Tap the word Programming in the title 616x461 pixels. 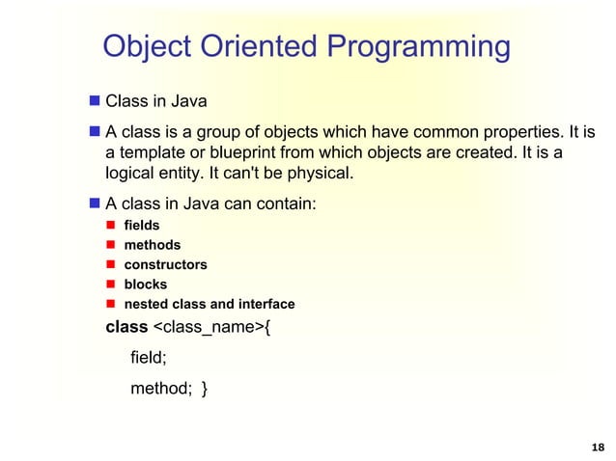tap(420, 46)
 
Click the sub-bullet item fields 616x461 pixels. tap(142, 225)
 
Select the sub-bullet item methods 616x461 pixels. tap(152, 245)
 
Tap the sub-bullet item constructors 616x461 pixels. tap(165, 264)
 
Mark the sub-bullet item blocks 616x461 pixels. tap(145, 285)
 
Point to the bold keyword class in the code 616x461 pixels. tap(126, 327)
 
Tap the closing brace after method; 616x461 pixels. tap(204, 389)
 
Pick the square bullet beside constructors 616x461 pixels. tap(112, 264)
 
